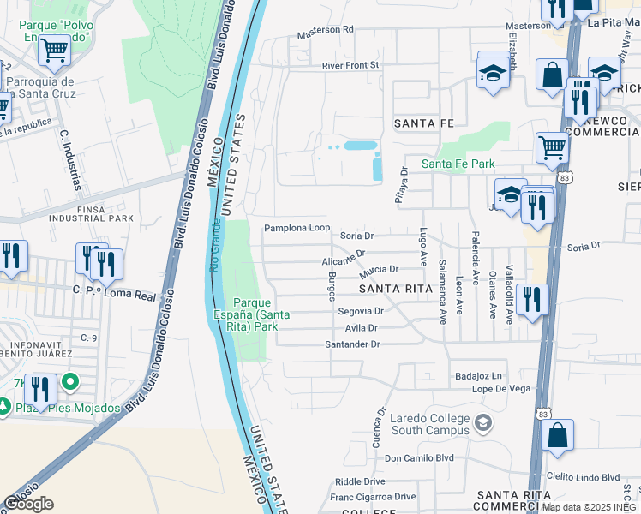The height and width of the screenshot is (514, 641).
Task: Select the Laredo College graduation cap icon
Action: pyautogui.click(x=484, y=423)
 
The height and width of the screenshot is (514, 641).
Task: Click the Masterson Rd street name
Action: pyautogui.click(x=325, y=29)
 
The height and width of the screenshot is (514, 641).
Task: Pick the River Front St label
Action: pyautogui.click(x=350, y=65)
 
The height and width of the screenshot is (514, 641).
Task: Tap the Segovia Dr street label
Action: pyautogui.click(x=360, y=311)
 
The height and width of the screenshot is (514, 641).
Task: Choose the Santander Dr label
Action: pyautogui.click(x=351, y=344)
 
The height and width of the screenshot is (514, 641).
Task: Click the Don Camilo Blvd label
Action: pyautogui.click(x=419, y=458)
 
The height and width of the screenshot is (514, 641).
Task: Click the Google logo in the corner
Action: pyautogui.click(x=27, y=504)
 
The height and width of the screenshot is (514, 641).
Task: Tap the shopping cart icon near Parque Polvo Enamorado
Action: pyautogui.click(x=54, y=51)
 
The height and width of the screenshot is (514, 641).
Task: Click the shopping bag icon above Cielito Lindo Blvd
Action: pyautogui.click(x=557, y=434)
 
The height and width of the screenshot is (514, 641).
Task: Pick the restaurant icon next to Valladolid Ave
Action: pyautogui.click(x=532, y=299)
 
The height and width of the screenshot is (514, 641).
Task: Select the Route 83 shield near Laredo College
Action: pyautogui.click(x=542, y=414)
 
